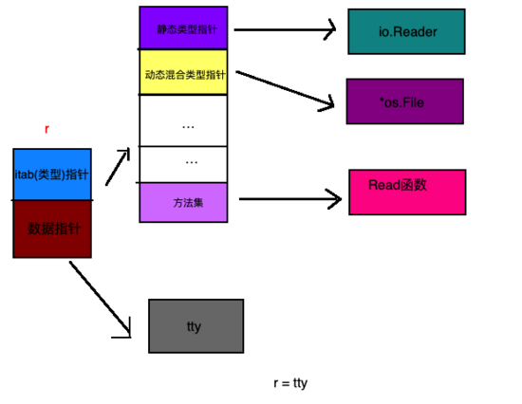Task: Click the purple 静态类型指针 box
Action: [x=183, y=28]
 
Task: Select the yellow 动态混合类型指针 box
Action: [x=183, y=72]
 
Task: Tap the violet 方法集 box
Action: [x=183, y=202]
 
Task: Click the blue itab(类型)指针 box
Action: [x=52, y=174]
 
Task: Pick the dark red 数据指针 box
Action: [x=52, y=229]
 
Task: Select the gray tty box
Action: [x=196, y=326]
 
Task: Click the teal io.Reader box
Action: [x=406, y=31]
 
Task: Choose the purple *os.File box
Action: [x=404, y=101]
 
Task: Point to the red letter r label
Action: [x=47, y=128]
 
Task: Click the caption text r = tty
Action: [x=289, y=382]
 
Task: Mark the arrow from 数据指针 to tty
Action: [x=100, y=299]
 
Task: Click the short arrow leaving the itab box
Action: [x=118, y=167]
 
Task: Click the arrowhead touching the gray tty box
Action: [x=126, y=331]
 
